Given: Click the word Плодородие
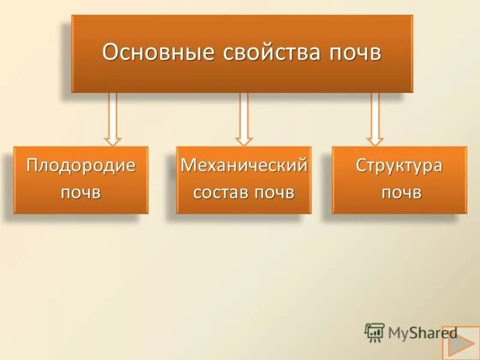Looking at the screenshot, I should pyautogui.click(x=80, y=166).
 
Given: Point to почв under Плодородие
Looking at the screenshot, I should pyautogui.click(x=80, y=193).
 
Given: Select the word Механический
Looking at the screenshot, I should pyautogui.click(x=244, y=166).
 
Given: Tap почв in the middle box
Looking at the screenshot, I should pyautogui.click(x=275, y=193).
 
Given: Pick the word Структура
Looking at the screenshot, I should pyautogui.click(x=398, y=166).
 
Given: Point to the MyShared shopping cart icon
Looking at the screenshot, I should pyautogui.click(x=374, y=332).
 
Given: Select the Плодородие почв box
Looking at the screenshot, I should pyautogui.click(x=80, y=180).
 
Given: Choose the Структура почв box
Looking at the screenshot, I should pyautogui.click(x=399, y=180).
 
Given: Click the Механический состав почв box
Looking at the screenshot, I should pyautogui.click(x=244, y=180).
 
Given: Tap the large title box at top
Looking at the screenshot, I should pyautogui.click(x=242, y=53).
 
